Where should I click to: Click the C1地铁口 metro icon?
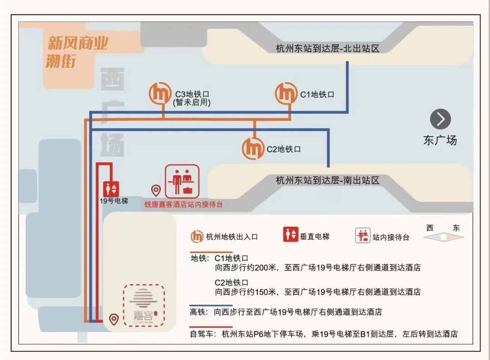pyautogui.click(x=286, y=94)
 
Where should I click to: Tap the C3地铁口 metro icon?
pyautogui.click(x=161, y=94)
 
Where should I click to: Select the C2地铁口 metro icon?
pyautogui.click(x=253, y=148)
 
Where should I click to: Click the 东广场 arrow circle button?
pyautogui.click(x=440, y=119)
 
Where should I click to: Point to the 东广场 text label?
pyautogui.click(x=440, y=141)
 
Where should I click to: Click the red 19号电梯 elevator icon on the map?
pyautogui.click(x=111, y=189)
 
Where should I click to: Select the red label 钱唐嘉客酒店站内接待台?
pyautogui.click(x=184, y=205)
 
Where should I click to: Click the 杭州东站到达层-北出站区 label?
pyautogui.click(x=327, y=49)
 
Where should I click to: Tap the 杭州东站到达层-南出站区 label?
pyautogui.click(x=327, y=180)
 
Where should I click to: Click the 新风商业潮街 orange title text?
pyautogui.click(x=77, y=51)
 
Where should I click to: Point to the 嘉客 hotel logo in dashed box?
pyautogui.click(x=144, y=305)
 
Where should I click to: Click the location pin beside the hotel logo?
pyautogui.click(x=114, y=320)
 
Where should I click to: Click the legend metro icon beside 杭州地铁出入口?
pyautogui.click(x=197, y=236)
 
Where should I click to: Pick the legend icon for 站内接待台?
pyautogui.click(x=363, y=236)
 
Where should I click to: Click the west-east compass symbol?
pyautogui.click(x=443, y=236)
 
